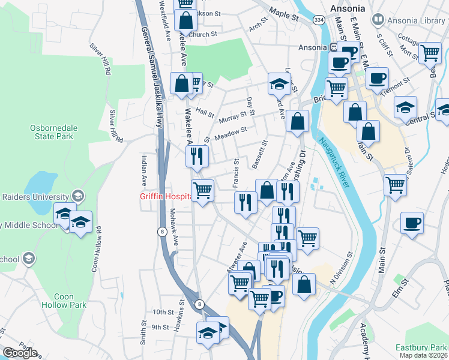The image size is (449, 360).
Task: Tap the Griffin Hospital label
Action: point(164,195)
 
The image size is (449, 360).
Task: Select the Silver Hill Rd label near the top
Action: point(100,59)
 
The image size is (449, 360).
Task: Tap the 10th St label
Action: point(162,313)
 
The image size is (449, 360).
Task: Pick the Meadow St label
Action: point(231,133)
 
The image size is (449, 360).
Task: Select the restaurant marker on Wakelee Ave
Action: point(197,157)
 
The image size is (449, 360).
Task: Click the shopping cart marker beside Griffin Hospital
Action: point(203,191)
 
